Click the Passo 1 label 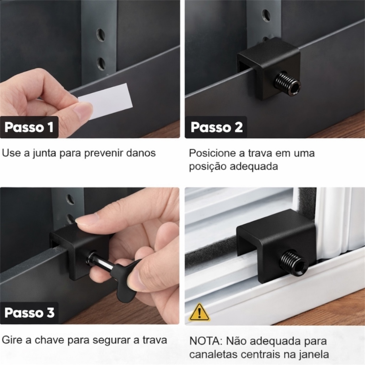coord(29,127)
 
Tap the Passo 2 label coord(216,127)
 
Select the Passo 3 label coord(29,313)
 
